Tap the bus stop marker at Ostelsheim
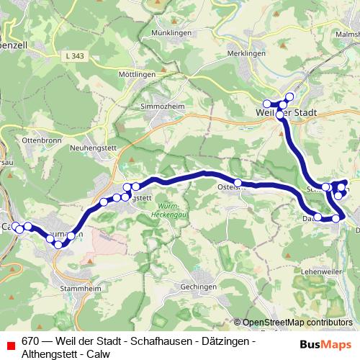(x=238, y=182)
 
